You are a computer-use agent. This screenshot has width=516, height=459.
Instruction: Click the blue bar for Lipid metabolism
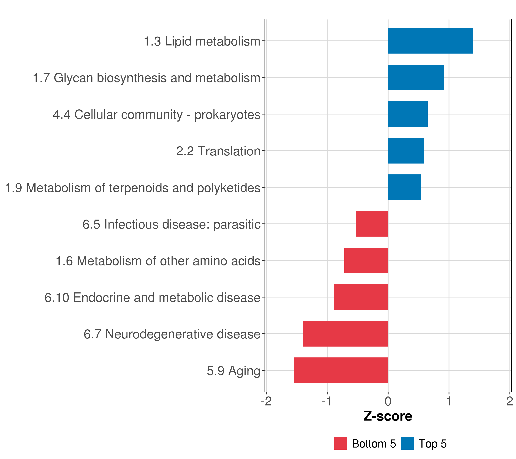coord(430,41)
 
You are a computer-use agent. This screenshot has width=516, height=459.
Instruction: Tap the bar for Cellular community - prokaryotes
coord(408,114)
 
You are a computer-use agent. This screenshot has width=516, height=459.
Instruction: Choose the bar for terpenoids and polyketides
coord(404,187)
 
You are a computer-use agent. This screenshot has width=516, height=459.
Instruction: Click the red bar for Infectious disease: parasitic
coord(372,224)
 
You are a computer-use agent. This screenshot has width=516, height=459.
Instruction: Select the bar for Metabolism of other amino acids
coord(366,260)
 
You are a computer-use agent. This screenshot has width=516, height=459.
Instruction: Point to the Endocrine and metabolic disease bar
coord(361,297)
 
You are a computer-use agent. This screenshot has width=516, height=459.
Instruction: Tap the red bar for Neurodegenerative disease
coord(345,334)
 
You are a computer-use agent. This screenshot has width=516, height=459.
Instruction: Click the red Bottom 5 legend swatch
coord(340,444)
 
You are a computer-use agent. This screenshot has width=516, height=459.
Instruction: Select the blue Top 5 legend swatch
coord(407,444)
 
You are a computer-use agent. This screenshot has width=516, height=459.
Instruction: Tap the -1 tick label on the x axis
coord(327,401)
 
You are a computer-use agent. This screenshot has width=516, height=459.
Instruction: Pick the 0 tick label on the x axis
coord(388,401)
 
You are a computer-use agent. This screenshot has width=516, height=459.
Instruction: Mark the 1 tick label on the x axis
coord(449,401)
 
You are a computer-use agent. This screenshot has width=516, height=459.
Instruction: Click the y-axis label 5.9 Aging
coord(234,371)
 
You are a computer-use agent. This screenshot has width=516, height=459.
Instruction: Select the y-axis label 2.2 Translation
coord(218,151)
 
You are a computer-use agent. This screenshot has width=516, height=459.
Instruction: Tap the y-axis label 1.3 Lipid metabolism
coord(202,41)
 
